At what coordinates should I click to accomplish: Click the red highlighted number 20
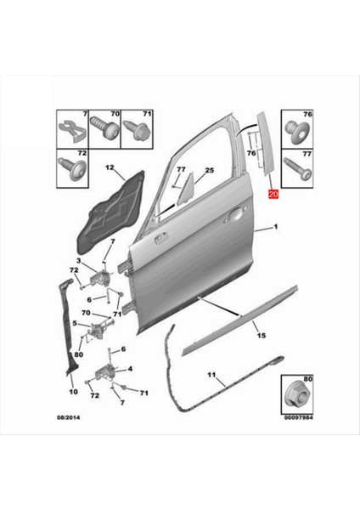point(273,194)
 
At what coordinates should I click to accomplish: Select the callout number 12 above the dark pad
point(109,169)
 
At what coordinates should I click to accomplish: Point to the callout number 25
point(209,170)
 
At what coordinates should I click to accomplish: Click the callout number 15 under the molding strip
point(262,336)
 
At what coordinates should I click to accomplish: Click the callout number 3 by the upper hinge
point(77,260)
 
